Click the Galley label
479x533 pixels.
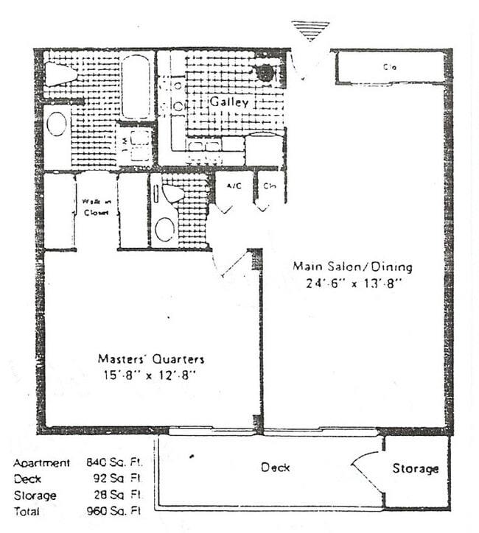(229, 102)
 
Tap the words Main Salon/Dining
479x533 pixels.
(352, 266)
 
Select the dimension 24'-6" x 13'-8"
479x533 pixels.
(353, 282)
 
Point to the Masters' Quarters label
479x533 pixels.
(150, 359)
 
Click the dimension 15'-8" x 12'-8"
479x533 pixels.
(150, 375)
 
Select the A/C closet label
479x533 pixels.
(234, 186)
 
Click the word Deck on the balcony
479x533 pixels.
(274, 467)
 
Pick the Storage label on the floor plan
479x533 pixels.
(415, 468)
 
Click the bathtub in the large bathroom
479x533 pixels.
(137, 85)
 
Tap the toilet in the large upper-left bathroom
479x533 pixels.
(60, 74)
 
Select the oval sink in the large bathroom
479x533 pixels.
(57, 124)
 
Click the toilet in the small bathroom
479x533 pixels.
(172, 194)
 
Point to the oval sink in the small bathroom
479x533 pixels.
(165, 229)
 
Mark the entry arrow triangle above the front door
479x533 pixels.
(310, 30)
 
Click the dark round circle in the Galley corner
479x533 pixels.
(265, 72)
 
